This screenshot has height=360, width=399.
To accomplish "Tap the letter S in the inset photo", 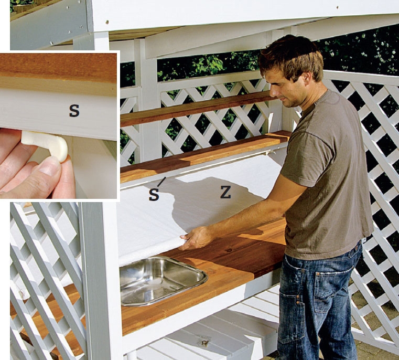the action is coord(74,111).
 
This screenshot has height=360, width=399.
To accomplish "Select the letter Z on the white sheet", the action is coord(225,192).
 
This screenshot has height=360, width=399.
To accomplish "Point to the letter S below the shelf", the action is coord(154,195).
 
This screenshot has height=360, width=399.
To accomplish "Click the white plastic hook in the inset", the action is coord(46,145).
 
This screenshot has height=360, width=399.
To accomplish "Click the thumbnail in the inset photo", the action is coord(50,168).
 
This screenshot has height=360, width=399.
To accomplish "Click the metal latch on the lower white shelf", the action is coord(205,341).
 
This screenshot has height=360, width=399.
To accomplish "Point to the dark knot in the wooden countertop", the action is coord(230,250).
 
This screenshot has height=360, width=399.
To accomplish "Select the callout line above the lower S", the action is coord(161,182).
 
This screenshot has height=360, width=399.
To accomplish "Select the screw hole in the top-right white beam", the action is coord(338,8).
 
